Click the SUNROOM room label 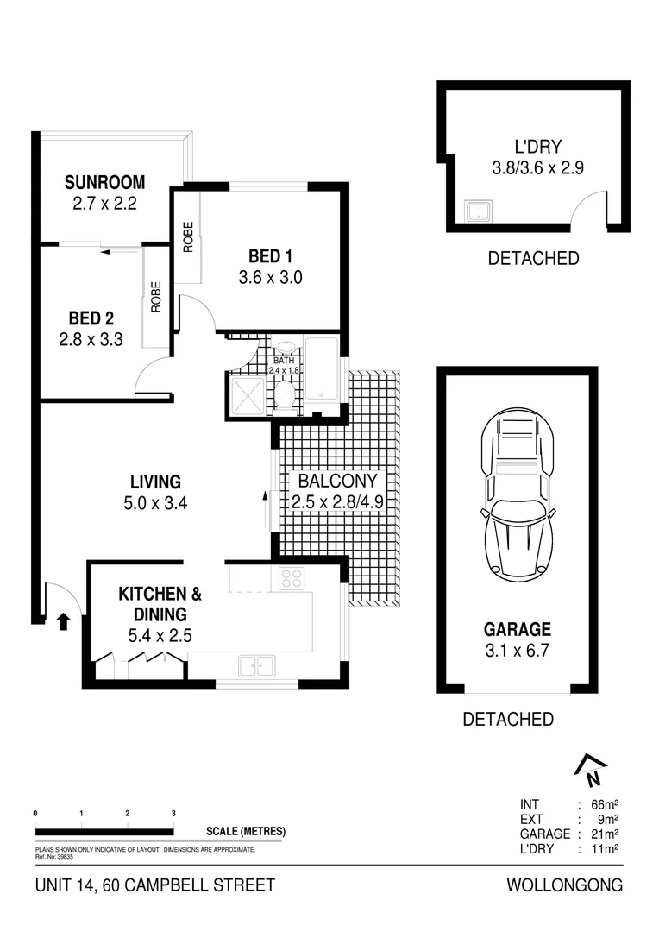[104, 182]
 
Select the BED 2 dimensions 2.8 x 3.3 [91, 340]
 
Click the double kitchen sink [255, 665]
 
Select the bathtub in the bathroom [322, 369]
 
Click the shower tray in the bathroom [249, 396]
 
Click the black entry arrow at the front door [62, 621]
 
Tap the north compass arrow [591, 769]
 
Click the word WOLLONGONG [564, 885]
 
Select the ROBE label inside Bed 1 [187, 237]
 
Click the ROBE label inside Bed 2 [156, 297]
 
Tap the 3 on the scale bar [173, 814]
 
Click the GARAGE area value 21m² [606, 834]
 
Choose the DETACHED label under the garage [508, 719]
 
